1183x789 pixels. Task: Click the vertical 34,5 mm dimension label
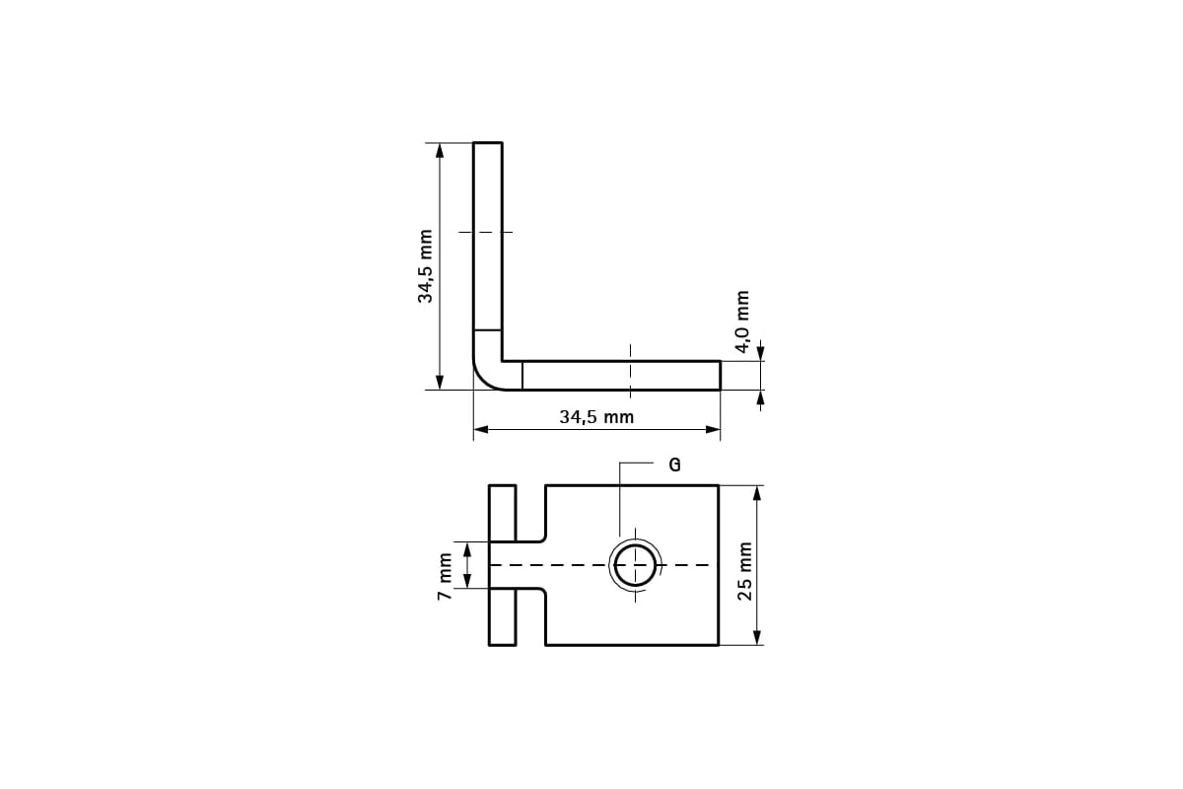coord(425,266)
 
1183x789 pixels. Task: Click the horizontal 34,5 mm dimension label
coord(596,416)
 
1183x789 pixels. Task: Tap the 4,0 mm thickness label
coord(743,322)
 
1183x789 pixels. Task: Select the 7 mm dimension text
coord(446,576)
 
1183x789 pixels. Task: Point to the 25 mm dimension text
coord(745,571)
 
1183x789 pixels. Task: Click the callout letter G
coord(674,466)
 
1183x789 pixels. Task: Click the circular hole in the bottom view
coord(636,565)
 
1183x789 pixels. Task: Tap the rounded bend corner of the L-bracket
coord(488,376)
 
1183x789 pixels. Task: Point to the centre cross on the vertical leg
coord(488,233)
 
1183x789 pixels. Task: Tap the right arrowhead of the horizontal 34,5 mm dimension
coord(713,429)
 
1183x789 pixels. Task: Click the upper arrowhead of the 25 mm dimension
coord(757,492)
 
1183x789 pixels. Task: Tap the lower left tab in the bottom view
coord(503,617)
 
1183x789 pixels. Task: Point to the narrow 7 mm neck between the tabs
coord(518,565)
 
